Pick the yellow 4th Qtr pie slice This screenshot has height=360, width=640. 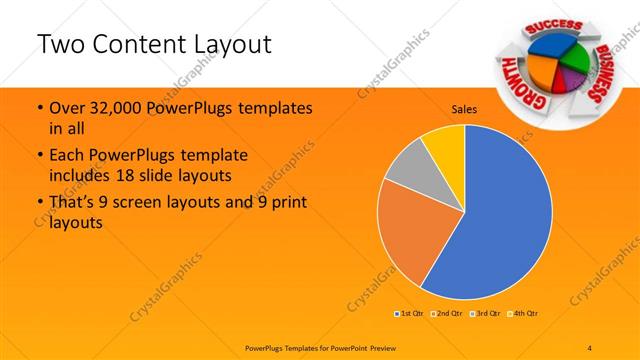point(444,144)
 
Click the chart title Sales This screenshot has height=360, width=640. point(464,109)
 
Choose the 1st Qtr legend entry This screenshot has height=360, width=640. point(409,314)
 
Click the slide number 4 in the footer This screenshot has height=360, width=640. point(590,346)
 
